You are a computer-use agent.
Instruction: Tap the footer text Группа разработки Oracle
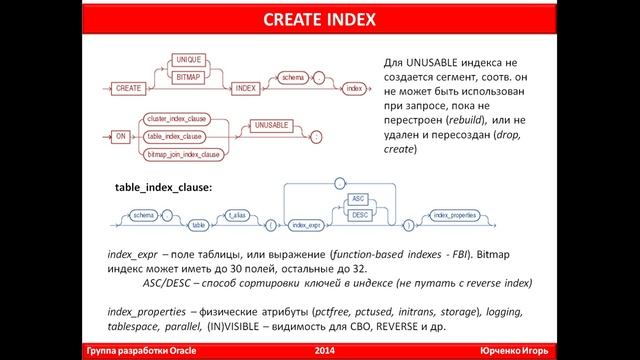coord(136,352)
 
